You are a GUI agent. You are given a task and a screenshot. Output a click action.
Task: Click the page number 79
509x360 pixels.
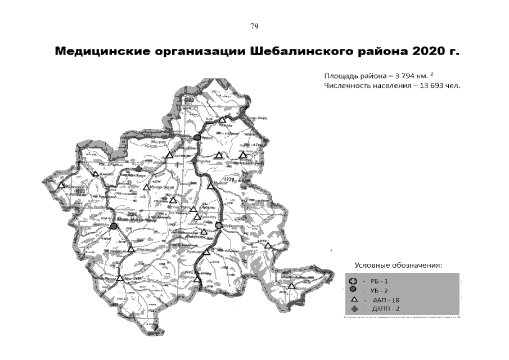point(254,26)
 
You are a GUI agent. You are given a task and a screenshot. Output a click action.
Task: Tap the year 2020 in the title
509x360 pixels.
point(427,52)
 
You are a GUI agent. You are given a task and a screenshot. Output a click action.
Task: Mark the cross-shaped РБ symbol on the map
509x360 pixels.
point(219,226)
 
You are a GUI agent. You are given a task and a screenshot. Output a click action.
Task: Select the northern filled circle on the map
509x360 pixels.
point(197,138)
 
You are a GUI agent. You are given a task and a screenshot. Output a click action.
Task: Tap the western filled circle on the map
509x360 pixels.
point(114,226)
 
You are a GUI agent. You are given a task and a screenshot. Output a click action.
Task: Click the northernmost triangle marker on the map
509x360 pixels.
point(222,119)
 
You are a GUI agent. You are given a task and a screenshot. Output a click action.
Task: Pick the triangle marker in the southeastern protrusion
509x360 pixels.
point(291,286)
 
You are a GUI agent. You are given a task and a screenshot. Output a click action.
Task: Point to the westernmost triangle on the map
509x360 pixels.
point(61,185)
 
